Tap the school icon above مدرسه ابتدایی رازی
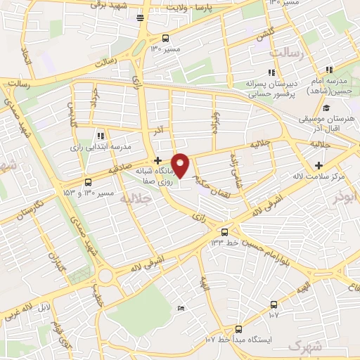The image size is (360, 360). tap(100, 136)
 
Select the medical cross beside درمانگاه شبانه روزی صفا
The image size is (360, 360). tap(157, 161)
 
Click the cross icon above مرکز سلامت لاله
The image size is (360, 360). tap(319, 164)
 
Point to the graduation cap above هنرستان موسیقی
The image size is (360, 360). tap(326, 108)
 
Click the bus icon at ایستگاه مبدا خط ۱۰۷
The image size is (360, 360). tap(238, 328)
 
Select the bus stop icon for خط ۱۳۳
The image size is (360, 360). tap(224, 231)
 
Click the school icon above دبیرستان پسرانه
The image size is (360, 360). tap(271, 72)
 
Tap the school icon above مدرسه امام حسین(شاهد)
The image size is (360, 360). tap(328, 70)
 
